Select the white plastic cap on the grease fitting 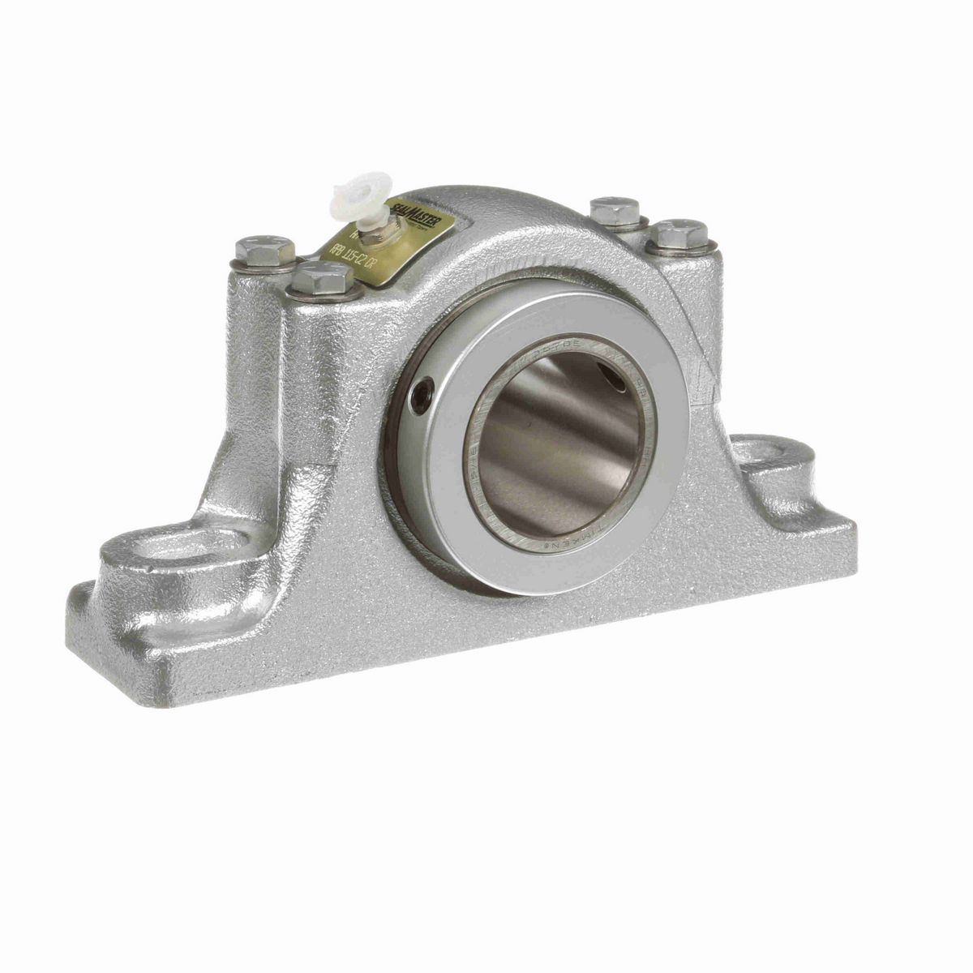(345, 195)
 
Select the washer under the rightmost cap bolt (681, 250)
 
